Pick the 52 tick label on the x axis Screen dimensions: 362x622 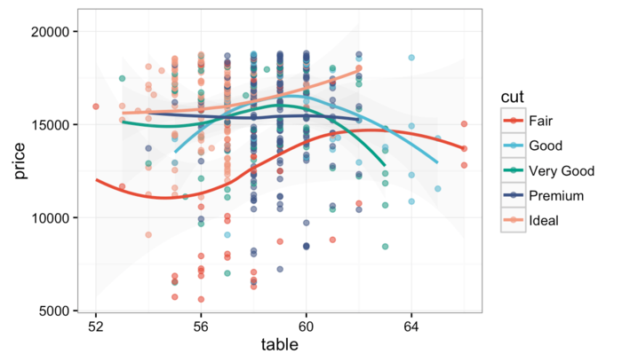click(96, 326)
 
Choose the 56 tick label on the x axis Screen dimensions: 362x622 click(201, 326)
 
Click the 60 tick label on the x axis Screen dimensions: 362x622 click(307, 326)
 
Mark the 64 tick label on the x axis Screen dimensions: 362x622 click(411, 326)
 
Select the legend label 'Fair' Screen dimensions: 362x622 click(539, 120)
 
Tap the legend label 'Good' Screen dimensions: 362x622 click(543, 145)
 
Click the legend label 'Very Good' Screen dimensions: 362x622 click(559, 170)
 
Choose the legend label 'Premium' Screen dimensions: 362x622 click(555, 195)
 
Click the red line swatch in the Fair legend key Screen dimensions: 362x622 click(512, 120)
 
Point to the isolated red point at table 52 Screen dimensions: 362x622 click(95, 106)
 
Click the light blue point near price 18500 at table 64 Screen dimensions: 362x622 click(411, 58)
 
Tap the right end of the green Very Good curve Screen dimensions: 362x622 click(385, 165)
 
